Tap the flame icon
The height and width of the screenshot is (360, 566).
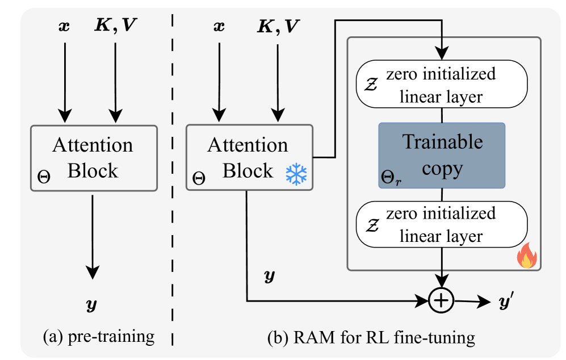click(526, 257)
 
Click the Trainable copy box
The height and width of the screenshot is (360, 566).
click(442, 155)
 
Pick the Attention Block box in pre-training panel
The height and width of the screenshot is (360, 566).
click(93, 157)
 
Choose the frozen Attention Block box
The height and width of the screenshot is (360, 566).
click(249, 157)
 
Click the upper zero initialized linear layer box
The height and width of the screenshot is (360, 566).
click(441, 85)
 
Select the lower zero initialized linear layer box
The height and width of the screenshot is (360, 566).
click(441, 225)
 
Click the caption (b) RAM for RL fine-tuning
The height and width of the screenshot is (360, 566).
click(371, 337)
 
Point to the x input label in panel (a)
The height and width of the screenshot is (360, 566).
click(65, 26)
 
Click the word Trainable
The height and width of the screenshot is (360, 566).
click(442, 142)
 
